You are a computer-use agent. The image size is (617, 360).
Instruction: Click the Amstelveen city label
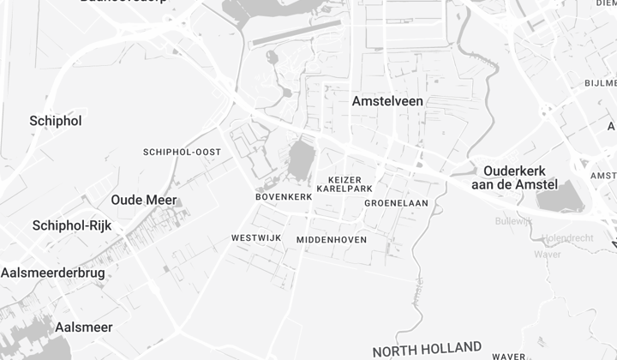(x=387, y=101)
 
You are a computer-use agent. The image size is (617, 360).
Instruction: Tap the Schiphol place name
(x=56, y=121)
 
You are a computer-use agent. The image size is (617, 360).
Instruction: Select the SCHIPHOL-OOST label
(x=182, y=152)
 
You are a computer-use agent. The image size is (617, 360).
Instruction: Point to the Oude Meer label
(x=143, y=200)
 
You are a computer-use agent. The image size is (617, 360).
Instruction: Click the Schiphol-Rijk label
(x=72, y=225)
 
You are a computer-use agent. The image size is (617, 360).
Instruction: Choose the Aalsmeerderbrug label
(x=53, y=272)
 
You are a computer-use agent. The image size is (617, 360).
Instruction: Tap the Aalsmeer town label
(x=84, y=327)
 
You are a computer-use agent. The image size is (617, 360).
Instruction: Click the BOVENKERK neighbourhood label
(x=284, y=196)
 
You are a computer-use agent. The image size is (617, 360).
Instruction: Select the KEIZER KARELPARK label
(x=344, y=183)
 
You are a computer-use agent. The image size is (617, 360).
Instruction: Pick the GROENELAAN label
(x=396, y=203)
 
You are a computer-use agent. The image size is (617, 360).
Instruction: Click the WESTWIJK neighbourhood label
(x=256, y=237)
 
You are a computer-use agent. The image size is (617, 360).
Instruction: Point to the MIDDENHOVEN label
(x=332, y=240)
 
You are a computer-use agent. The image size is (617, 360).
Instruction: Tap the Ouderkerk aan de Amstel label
(x=514, y=177)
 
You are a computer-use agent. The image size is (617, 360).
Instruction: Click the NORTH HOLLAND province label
(x=426, y=349)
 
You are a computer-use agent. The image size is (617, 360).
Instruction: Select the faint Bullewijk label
(x=513, y=221)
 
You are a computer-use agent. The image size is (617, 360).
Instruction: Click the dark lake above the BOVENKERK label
(x=301, y=159)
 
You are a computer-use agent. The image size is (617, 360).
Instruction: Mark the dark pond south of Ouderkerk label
(x=560, y=197)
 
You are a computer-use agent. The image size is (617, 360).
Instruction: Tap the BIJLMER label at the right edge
(x=600, y=83)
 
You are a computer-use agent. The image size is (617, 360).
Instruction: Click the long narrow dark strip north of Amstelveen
(x=296, y=33)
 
